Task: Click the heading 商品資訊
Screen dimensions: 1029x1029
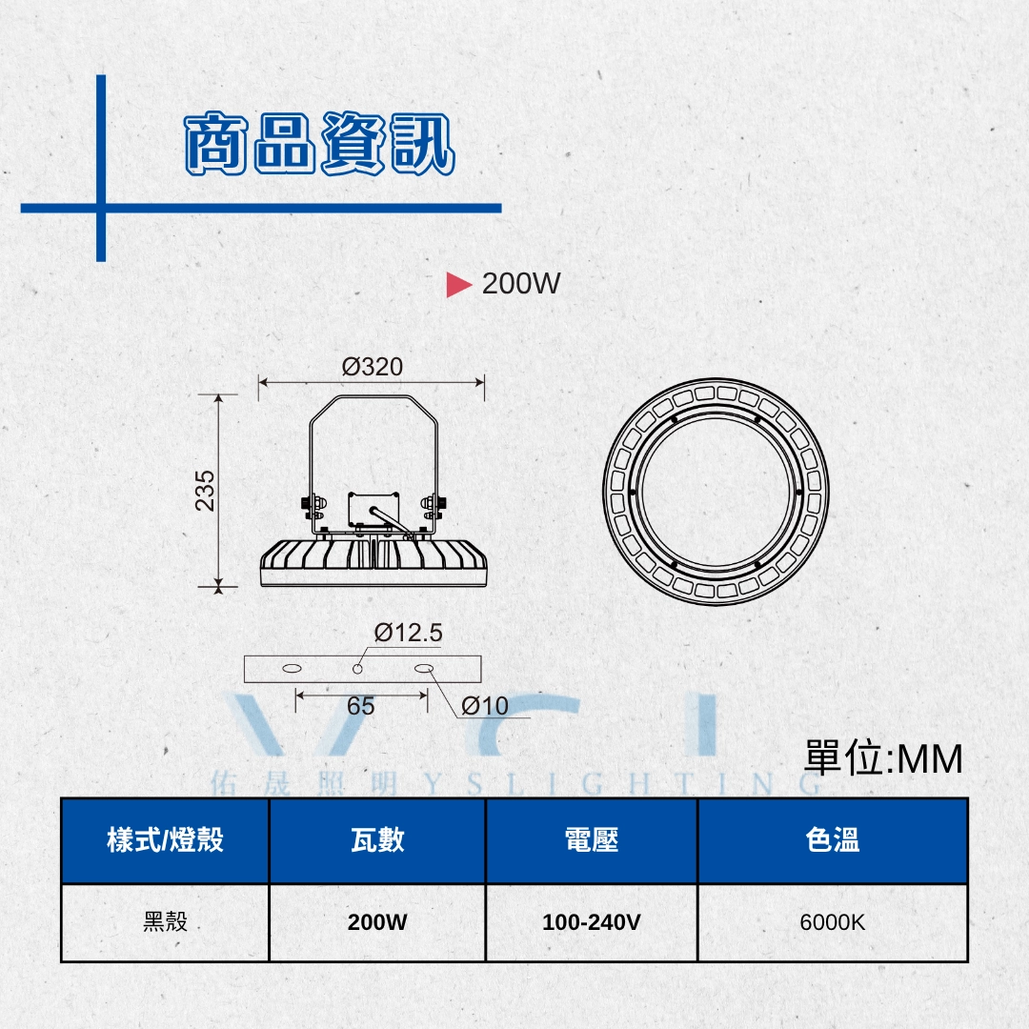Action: [x=319, y=143]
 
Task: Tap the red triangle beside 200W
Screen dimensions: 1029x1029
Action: [x=458, y=284]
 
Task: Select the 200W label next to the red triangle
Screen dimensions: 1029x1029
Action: [x=521, y=284]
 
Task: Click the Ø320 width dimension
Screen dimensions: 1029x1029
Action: [x=373, y=366]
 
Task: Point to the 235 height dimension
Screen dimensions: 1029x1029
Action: [x=205, y=491]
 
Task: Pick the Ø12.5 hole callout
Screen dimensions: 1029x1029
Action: [x=408, y=633]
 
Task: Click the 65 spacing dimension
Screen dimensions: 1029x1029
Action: [x=361, y=706]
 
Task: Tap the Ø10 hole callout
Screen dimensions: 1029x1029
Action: [x=484, y=706]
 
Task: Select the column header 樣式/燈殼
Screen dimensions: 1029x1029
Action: [x=166, y=840]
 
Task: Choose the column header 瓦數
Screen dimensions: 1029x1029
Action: [x=377, y=840]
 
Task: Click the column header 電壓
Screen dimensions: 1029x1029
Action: [x=592, y=840]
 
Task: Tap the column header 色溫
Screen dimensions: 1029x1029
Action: [x=832, y=840]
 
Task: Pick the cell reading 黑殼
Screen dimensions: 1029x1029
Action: [x=166, y=921]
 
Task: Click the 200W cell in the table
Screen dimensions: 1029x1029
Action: [x=377, y=922]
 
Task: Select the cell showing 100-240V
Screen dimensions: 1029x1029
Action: [x=592, y=922]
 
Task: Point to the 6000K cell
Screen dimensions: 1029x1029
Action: [x=832, y=922]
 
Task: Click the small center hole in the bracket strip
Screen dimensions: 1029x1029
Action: [x=357, y=669]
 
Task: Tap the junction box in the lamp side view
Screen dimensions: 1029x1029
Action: [x=373, y=509]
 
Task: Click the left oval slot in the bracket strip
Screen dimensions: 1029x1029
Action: [x=293, y=669]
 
